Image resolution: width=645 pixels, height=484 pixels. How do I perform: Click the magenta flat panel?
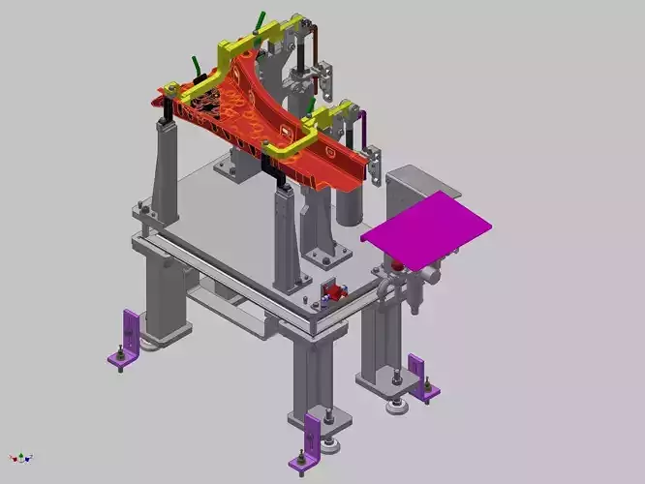pyautogui.click(x=426, y=229)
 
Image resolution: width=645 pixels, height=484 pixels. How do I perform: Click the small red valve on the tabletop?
pyautogui.click(x=333, y=291)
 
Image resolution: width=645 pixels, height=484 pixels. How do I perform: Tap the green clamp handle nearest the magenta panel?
pyautogui.click(x=311, y=105)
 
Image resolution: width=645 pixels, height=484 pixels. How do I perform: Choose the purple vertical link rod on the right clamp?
pyautogui.click(x=366, y=131)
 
